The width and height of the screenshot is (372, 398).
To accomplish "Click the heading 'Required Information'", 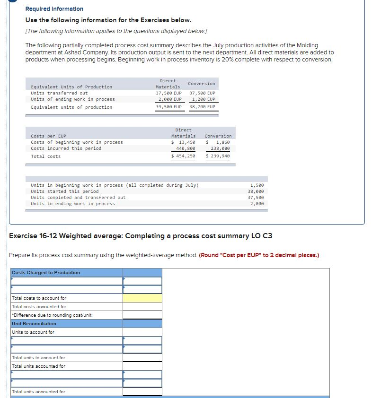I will [x=54, y=9].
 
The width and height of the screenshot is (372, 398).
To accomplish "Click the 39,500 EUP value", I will [x=169, y=107].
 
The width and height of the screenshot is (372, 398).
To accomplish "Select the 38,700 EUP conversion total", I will [x=202, y=107].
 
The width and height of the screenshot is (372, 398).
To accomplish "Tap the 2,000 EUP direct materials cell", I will [x=169, y=99].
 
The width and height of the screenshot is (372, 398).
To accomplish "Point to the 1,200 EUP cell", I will [x=204, y=99].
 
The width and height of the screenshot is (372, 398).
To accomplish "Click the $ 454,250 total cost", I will [x=183, y=156].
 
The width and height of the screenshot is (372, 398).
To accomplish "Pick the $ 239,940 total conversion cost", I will [x=218, y=156].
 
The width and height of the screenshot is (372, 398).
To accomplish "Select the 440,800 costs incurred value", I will [x=186, y=148].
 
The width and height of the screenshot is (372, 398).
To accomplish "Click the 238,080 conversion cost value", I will [x=220, y=148].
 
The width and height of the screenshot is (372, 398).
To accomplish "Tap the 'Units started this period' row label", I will [x=64, y=191].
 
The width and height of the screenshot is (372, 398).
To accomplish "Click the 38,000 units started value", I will [x=257, y=191].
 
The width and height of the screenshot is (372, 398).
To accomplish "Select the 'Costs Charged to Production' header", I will [x=46, y=273].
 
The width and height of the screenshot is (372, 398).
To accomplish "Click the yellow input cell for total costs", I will [x=142, y=298].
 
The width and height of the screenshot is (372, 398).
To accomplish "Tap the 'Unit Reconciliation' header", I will [x=34, y=324].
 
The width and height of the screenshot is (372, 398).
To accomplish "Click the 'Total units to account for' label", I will [x=38, y=358].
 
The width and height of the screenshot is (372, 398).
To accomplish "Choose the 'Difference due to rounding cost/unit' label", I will [x=52, y=315].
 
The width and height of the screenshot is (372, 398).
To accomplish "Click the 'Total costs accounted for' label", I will [x=39, y=307].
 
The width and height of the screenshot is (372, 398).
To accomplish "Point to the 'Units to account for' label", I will [x=33, y=332].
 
